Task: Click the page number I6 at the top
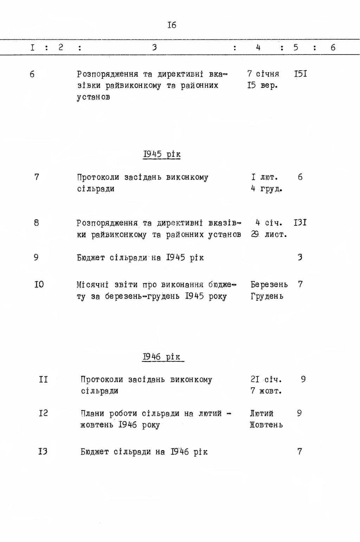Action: tap(172, 25)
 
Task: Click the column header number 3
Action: tap(154, 47)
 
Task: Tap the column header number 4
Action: tap(258, 47)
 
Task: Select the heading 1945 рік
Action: tap(162, 154)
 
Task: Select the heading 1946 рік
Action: tap(162, 357)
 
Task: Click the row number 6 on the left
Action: tap(32, 75)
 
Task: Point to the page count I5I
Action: tap(301, 74)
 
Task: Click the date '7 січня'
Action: tap(263, 74)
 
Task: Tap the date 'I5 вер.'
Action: tap(263, 86)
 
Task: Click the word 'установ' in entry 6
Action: tap(94, 97)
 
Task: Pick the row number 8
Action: tap(37, 223)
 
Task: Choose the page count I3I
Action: tap(300, 223)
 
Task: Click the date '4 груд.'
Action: tap(266, 189)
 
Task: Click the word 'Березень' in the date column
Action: tap(269, 284)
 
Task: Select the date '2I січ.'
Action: tap(266, 380)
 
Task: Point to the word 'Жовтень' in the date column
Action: tap(266, 425)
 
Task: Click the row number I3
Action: tap(43, 451)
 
